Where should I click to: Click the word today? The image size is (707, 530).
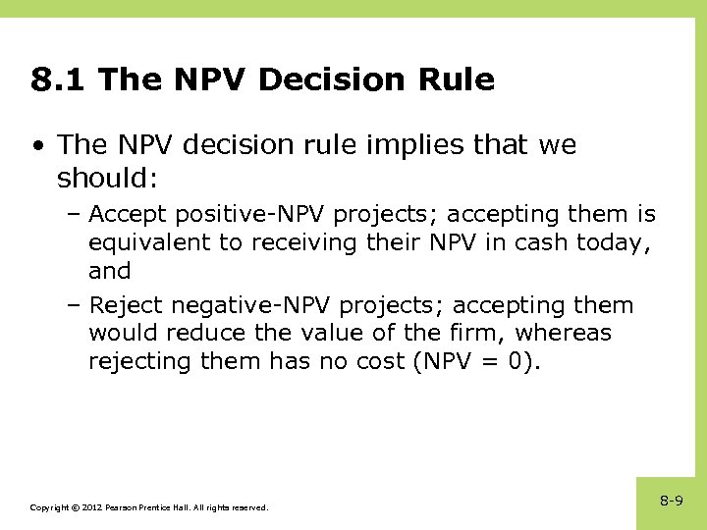click(x=607, y=242)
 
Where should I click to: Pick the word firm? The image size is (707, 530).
click(x=464, y=334)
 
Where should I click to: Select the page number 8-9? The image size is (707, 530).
click(x=672, y=502)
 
